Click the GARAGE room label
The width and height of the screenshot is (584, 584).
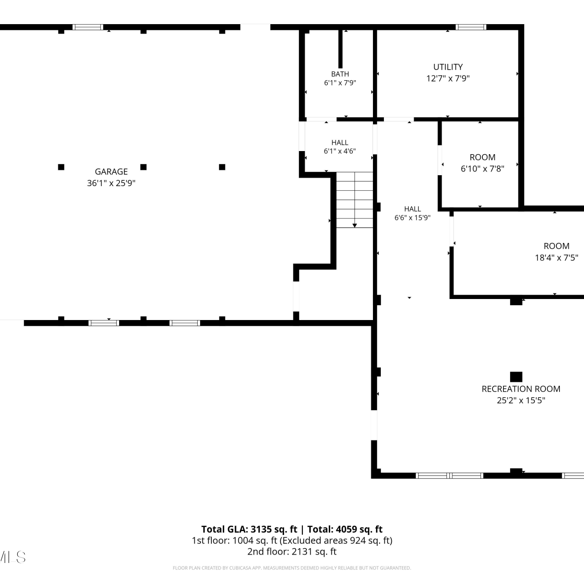tap(111, 172)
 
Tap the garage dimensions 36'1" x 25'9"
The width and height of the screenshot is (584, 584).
tap(111, 183)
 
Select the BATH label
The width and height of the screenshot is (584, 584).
tap(340, 74)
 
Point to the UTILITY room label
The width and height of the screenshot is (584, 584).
tap(448, 67)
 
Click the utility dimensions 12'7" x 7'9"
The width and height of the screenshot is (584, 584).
tap(448, 78)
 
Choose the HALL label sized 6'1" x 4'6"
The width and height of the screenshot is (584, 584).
tap(340, 142)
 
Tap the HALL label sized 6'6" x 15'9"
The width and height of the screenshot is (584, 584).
tap(413, 209)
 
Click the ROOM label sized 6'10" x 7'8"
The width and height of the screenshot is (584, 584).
tap(483, 157)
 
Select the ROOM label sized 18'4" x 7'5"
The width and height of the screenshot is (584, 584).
tap(557, 246)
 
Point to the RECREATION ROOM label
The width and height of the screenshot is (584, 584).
tap(521, 389)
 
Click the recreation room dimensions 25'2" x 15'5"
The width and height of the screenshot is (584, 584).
tap(521, 400)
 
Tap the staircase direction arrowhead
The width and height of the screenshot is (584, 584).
tap(355, 225)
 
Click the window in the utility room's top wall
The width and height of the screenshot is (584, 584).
tap(471, 27)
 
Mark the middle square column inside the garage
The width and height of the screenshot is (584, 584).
tap(143, 167)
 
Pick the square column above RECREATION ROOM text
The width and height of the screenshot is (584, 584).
tap(516, 376)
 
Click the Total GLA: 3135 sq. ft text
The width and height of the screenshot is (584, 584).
tap(249, 529)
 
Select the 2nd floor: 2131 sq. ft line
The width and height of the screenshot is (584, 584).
tap(292, 551)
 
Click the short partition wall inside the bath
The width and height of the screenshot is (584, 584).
tap(340, 49)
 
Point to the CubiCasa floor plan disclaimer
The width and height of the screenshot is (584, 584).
tap(292, 568)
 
